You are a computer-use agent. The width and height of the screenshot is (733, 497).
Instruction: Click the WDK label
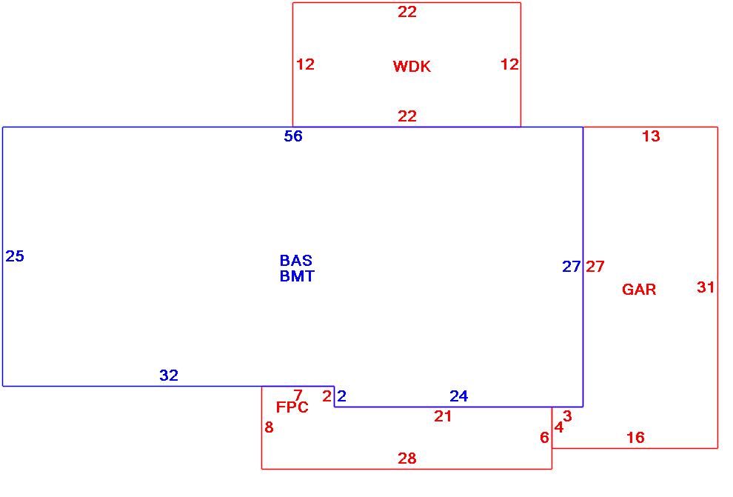coord(411,67)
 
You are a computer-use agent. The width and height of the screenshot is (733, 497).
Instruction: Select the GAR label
coord(638,290)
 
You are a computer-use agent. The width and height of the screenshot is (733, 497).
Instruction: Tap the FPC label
coord(292,407)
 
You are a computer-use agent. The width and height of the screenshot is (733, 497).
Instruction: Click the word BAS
coord(295,261)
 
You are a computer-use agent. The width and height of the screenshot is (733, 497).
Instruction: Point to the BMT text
coord(296,276)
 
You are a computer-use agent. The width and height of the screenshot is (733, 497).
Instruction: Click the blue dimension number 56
coord(293,136)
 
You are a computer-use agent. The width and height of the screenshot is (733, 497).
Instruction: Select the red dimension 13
coord(650,136)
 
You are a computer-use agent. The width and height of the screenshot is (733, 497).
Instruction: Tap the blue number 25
coord(15,256)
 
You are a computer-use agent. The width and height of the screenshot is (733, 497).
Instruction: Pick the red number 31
coord(706,287)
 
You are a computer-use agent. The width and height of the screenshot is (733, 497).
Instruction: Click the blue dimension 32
coord(169,376)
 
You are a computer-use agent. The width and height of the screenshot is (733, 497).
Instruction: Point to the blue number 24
coord(458,396)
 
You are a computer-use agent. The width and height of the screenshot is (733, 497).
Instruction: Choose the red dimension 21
coord(443,416)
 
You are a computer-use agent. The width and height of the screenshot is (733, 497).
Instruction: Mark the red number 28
coord(407,458)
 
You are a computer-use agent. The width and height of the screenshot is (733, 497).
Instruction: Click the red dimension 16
coord(635,438)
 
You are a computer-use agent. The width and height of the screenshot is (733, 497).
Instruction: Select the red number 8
coord(269,427)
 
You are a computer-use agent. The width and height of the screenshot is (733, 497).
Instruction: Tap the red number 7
coord(298,396)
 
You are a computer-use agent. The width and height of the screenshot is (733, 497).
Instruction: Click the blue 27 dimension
coord(571,267)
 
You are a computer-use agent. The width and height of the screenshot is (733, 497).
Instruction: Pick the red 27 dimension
coord(595,267)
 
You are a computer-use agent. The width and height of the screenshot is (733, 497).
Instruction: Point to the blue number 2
coord(341,396)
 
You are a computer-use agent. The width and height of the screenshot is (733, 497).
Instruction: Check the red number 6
coord(544,438)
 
